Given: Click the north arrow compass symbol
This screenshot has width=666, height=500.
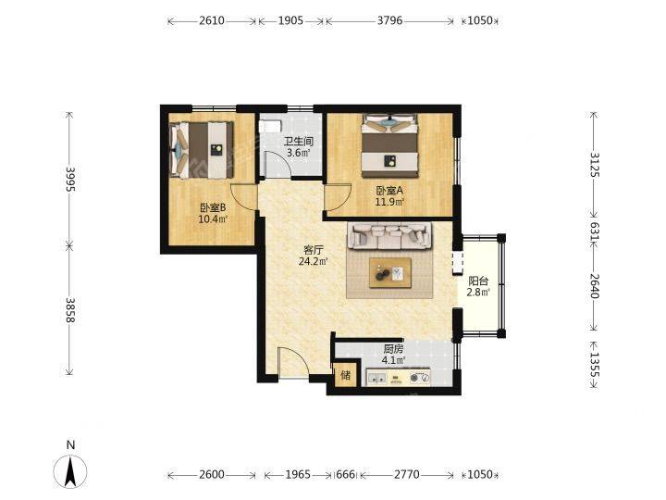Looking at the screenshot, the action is [x=70, y=470].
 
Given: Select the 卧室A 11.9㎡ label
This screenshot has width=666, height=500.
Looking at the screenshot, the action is [x=389, y=196].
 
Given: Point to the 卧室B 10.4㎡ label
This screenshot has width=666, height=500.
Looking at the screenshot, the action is [x=213, y=213].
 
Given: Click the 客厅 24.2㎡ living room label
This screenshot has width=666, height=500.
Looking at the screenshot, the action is [x=313, y=256].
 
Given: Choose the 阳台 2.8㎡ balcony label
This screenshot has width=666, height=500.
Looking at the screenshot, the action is [x=478, y=286].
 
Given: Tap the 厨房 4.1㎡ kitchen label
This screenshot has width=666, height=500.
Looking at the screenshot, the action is [x=393, y=355].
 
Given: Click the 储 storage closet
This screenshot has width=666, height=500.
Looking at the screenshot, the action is [x=346, y=375].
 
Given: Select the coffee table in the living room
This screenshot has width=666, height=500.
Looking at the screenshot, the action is [x=390, y=272].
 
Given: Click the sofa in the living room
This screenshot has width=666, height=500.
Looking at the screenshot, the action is [x=389, y=236].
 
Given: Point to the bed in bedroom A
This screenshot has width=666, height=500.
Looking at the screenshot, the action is [x=390, y=145].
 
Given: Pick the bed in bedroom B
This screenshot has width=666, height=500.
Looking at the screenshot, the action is [x=202, y=150].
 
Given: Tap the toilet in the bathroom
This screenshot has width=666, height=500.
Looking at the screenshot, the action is [x=270, y=125].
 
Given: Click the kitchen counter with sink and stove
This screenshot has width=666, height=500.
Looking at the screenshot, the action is [x=399, y=377].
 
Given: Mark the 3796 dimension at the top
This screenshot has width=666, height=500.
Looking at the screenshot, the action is [x=390, y=20].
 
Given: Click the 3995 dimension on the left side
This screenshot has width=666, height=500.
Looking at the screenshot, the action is [x=70, y=179].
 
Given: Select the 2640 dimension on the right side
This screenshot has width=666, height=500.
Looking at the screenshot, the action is [x=594, y=286].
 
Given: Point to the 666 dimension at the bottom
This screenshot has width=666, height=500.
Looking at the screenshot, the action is [x=345, y=474].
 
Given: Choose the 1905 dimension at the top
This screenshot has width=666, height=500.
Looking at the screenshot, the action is [x=291, y=20].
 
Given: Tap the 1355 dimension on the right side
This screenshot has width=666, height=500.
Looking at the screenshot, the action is [x=594, y=365].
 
